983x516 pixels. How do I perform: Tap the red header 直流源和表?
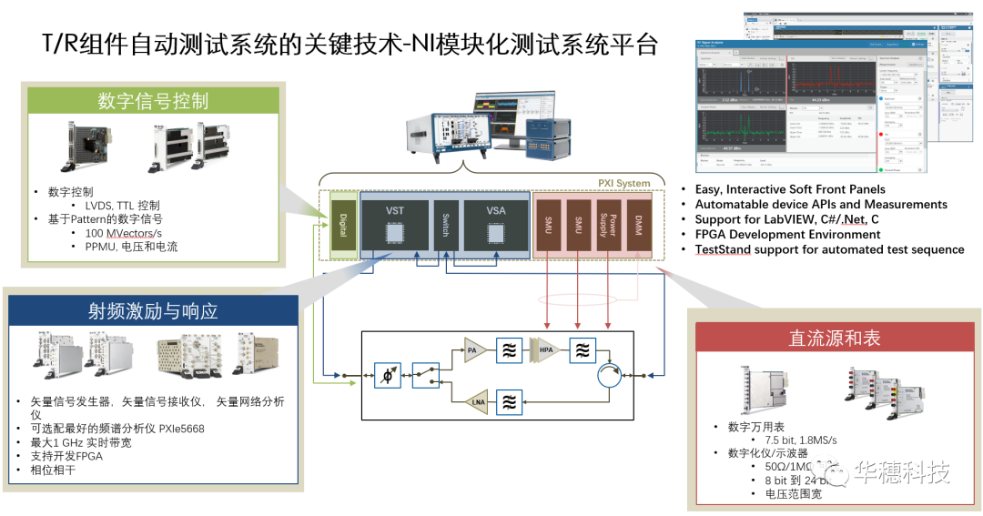[834, 338]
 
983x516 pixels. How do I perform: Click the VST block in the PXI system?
[394, 223]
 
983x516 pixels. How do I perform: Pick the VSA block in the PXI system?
[496, 223]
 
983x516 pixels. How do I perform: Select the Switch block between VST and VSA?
[445, 223]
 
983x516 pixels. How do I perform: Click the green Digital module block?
[342, 223]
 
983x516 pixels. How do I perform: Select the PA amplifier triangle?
[472, 349]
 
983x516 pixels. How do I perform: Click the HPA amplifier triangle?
[548, 349]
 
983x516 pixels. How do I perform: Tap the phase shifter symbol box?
[386, 374]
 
